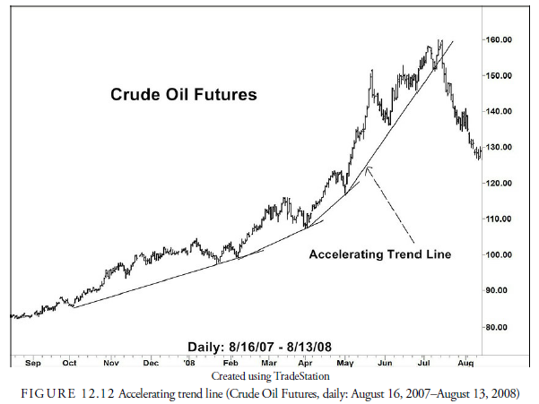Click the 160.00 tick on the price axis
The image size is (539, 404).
pyautogui.click(x=498, y=39)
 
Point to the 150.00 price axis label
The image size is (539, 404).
pyautogui.click(x=498, y=75)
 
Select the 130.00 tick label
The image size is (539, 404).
pyautogui.click(x=498, y=147)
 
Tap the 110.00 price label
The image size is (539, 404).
pyautogui.click(x=498, y=219)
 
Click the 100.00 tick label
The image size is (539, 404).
pyautogui.click(x=498, y=254)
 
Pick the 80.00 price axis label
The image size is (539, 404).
pyautogui.click(x=500, y=326)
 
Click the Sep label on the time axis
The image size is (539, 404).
pyautogui.click(x=33, y=365)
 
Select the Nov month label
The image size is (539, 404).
pyautogui.click(x=110, y=365)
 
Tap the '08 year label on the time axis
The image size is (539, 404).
pyautogui.click(x=188, y=365)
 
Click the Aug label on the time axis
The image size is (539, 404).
pyautogui.click(x=464, y=365)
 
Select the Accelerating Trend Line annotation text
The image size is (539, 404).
pyautogui.click(x=378, y=254)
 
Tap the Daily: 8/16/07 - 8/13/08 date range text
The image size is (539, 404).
pyautogui.click(x=256, y=346)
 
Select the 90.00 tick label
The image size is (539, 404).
pyautogui.click(x=500, y=290)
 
